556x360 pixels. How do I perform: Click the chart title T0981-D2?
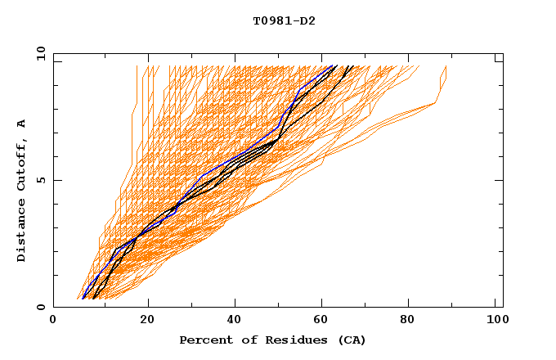pos(284,21)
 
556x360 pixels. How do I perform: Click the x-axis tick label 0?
pos(53,321)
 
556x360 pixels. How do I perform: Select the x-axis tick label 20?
pos(148,321)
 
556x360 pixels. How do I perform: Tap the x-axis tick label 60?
pos(325,321)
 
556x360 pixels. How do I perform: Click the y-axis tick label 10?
pos(41,55)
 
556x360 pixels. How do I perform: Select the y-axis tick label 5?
pos(41,180)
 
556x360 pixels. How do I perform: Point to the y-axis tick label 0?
pos(41,307)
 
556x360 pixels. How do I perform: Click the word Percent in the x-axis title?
pos(204,340)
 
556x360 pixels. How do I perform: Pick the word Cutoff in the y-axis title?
pos(22,160)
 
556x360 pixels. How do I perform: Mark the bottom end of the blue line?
pos(83,299)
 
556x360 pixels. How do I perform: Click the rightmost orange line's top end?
pos(446,66)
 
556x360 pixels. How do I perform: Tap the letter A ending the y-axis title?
pos(22,123)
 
